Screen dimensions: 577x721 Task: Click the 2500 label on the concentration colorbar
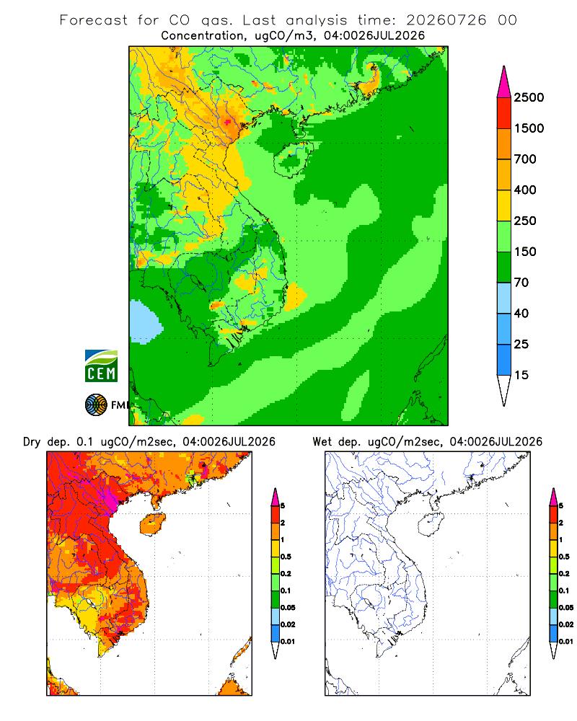click(529, 97)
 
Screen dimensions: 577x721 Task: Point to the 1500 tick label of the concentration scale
click(529, 128)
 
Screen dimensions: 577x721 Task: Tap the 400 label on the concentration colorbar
click(525, 190)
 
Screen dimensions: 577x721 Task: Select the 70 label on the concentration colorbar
click(521, 283)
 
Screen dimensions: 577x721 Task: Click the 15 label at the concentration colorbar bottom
click(521, 375)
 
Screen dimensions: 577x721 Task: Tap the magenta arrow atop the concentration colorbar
click(504, 82)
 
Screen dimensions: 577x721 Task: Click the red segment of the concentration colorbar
click(504, 113)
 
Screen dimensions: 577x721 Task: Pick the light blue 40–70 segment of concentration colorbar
click(504, 298)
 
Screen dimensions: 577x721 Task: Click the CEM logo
click(101, 366)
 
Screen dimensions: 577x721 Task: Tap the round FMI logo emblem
click(96, 405)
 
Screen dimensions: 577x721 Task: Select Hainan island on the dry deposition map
click(152, 525)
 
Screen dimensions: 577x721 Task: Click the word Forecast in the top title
click(94, 20)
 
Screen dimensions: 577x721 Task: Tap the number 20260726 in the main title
click(446, 20)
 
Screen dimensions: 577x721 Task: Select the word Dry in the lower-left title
click(32, 442)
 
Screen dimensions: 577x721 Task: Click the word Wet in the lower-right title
click(322, 442)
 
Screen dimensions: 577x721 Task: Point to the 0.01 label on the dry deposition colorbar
click(288, 642)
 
